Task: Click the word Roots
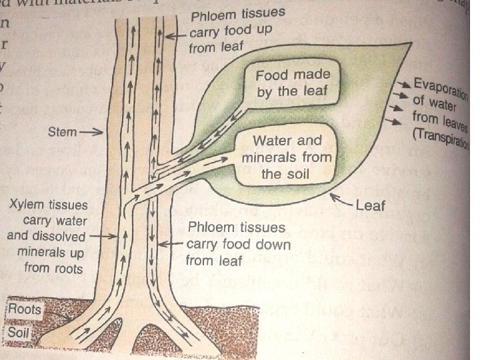[x=24, y=309]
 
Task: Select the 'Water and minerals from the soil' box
[x=287, y=159]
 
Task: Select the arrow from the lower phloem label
[x=175, y=245]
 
